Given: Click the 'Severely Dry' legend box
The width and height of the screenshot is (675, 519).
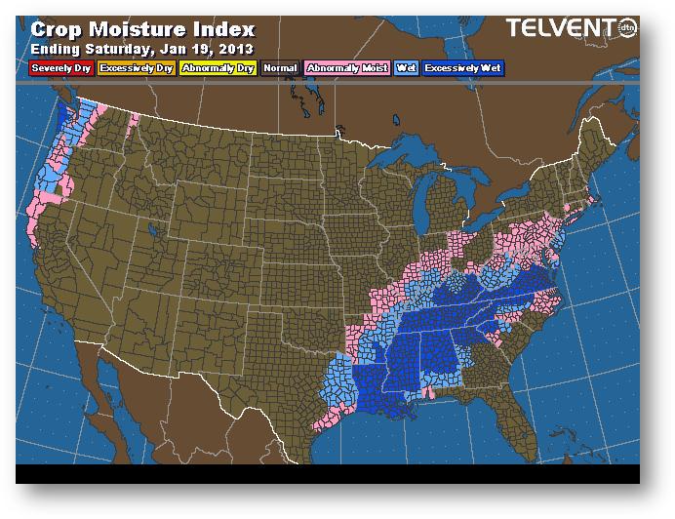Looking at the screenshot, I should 60,69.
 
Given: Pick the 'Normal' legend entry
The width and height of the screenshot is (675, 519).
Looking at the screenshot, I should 279,69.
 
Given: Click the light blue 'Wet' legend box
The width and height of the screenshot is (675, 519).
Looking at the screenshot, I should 405,69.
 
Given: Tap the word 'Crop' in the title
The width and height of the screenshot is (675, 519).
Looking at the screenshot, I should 58,28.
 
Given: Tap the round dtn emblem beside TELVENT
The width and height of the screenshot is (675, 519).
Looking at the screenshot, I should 625,29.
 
